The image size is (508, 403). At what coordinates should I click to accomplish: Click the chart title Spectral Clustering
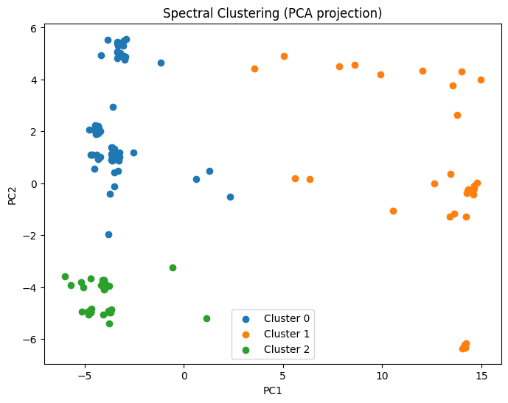point(254,14)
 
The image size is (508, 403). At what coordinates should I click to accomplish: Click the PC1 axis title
point(272,390)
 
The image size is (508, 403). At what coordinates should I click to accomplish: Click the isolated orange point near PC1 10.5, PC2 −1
point(393,211)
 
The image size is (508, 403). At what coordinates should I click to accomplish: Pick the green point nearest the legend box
point(206,318)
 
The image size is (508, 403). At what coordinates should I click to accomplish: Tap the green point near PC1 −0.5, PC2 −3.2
point(173,267)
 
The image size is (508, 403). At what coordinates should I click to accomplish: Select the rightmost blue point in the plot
point(230,197)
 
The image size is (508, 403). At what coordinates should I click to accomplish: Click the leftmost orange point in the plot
point(254,69)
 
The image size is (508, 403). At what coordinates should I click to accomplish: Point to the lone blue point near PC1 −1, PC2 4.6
point(161,63)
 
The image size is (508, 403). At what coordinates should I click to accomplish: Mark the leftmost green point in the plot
point(65,276)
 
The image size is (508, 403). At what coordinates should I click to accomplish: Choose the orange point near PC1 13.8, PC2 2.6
point(457,115)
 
